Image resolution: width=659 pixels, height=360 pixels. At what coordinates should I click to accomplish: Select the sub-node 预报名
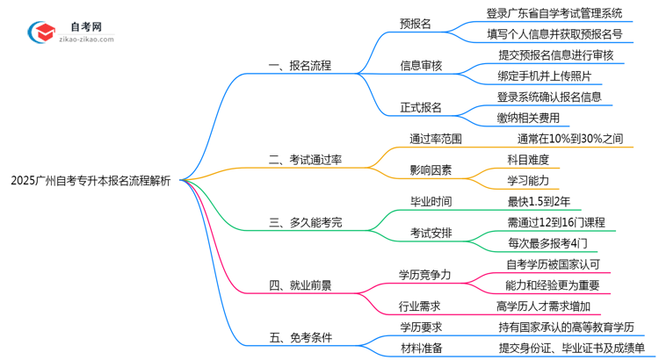coord(415,25)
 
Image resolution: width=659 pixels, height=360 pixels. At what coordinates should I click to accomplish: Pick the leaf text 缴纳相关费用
coord(528,117)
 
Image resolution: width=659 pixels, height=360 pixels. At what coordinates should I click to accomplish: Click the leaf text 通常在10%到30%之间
coord(570,138)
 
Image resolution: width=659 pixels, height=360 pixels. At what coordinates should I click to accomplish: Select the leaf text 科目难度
coord(527,159)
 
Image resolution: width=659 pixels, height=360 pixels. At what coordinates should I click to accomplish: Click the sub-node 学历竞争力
coord(425,274)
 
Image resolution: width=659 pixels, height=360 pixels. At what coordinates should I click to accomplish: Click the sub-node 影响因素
coord(431,169)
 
